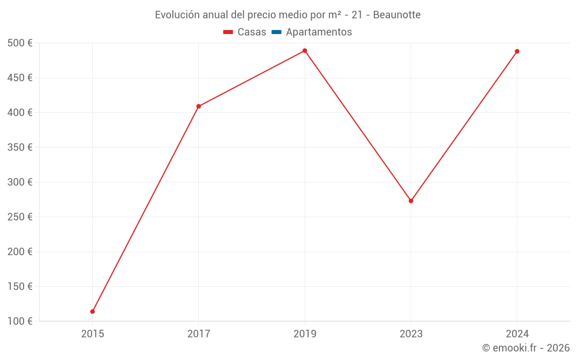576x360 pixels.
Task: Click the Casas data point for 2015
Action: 93,312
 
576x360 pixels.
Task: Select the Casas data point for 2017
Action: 199,106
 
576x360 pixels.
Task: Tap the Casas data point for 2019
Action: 305,51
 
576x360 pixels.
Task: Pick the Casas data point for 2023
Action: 411,201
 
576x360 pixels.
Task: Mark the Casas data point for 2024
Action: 517,51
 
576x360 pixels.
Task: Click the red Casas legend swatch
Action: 228,32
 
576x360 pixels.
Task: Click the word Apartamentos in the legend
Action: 319,32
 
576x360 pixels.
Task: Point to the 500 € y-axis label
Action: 20,43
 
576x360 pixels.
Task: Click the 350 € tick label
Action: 20,147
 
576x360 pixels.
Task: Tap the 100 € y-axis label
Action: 20,321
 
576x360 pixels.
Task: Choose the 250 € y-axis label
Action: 20,217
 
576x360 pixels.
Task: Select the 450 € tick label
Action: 20,78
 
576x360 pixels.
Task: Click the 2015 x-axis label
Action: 93,334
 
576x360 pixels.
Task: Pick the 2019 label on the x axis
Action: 305,334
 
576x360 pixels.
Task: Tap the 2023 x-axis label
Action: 411,334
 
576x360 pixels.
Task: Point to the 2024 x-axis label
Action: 517,334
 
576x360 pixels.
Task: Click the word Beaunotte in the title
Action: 397,15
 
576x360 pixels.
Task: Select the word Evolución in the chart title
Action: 177,15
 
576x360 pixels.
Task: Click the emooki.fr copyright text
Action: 526,348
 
